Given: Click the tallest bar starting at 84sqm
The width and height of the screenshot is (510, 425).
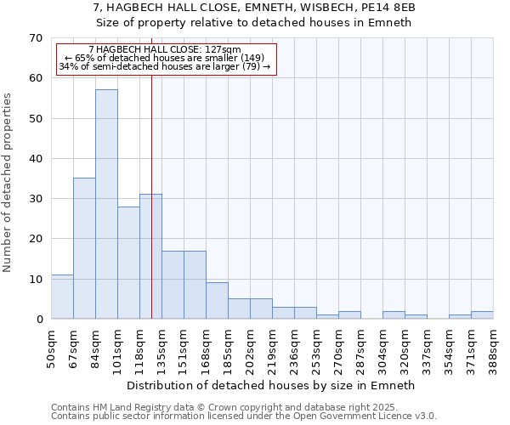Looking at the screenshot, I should (106, 204).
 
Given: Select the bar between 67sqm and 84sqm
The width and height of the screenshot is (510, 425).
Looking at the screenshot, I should (84, 248).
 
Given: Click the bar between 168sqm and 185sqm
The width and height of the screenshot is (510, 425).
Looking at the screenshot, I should (217, 301).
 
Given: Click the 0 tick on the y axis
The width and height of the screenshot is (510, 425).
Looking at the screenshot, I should (38, 320).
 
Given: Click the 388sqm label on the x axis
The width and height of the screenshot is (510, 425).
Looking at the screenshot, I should (494, 347).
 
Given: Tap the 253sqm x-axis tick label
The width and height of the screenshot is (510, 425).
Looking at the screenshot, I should (317, 347).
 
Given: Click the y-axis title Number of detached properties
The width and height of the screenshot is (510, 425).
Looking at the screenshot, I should (8, 183).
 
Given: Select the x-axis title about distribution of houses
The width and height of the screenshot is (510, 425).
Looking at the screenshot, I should (269, 385).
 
